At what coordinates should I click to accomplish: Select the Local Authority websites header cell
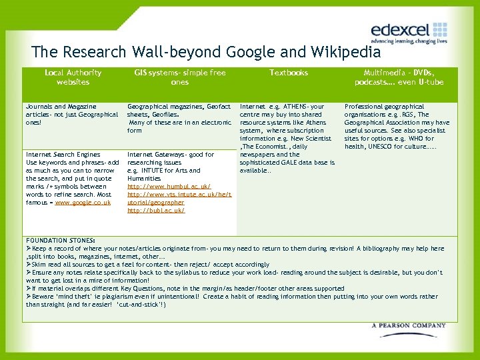click(x=73, y=77)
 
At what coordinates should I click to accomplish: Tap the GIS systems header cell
click(x=180, y=77)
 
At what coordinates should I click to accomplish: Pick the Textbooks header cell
click(x=289, y=73)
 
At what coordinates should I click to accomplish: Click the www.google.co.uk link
click(x=83, y=203)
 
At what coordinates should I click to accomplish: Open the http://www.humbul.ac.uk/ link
click(x=169, y=187)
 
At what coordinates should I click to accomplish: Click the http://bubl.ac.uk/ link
click(x=156, y=211)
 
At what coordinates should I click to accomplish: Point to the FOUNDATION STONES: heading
click(x=60, y=241)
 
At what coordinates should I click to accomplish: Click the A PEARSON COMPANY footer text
click(x=409, y=326)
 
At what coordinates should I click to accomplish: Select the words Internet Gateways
click(x=153, y=155)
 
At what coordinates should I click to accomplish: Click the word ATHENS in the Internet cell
click(x=293, y=107)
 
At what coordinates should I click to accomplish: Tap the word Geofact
click(x=218, y=107)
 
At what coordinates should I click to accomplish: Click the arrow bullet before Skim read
click(x=29, y=265)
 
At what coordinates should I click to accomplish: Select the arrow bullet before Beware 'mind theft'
click(x=29, y=297)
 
